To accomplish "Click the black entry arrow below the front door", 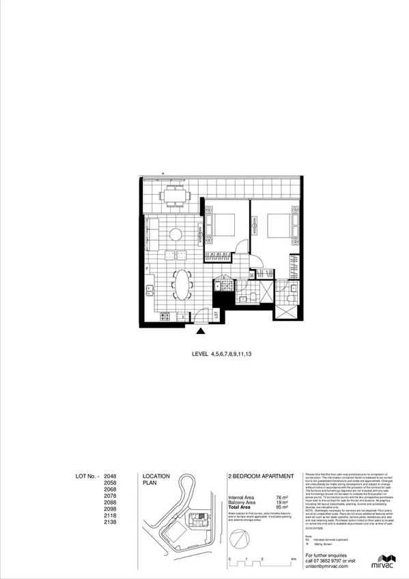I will (200, 332).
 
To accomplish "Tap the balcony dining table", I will (176, 196).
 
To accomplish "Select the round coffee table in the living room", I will (175, 234).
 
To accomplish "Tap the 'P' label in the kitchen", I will (147, 268).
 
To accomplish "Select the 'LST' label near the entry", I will (216, 315).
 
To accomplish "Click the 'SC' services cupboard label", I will (251, 275).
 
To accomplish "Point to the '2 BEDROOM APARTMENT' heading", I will (260, 476).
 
